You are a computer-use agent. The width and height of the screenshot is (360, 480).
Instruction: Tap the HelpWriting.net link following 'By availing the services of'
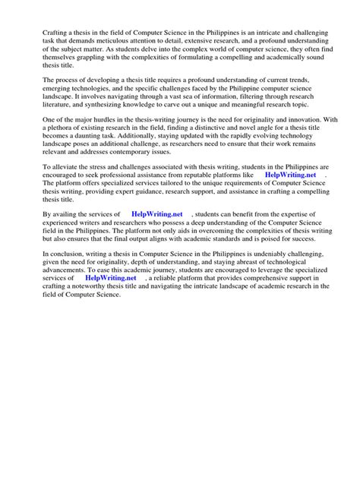point(160,215)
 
